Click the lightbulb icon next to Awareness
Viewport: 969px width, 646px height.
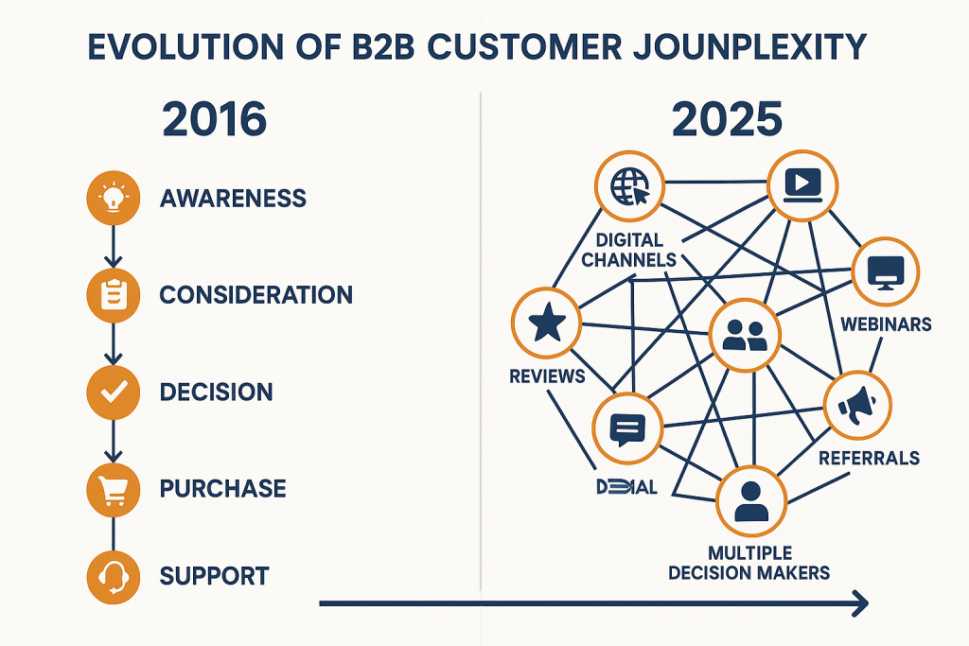pyautogui.click(x=113, y=199)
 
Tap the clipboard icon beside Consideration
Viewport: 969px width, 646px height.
pyautogui.click(x=113, y=295)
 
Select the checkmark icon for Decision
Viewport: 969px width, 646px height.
pyautogui.click(x=113, y=392)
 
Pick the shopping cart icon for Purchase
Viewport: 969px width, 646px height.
pyautogui.click(x=113, y=488)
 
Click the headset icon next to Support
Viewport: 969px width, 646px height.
pyautogui.click(x=113, y=575)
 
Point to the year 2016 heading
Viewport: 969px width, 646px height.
pyautogui.click(x=215, y=120)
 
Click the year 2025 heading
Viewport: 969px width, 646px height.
pyautogui.click(x=727, y=120)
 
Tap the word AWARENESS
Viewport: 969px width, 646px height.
pyautogui.click(x=233, y=199)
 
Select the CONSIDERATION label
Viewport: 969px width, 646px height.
pyautogui.click(x=255, y=295)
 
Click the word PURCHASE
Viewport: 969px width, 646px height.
pyautogui.click(x=222, y=489)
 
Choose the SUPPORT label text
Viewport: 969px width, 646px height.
pyautogui.click(x=214, y=576)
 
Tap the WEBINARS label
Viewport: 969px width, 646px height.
pyautogui.click(x=886, y=324)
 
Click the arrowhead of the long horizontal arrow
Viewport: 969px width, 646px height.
pyautogui.click(x=860, y=602)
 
